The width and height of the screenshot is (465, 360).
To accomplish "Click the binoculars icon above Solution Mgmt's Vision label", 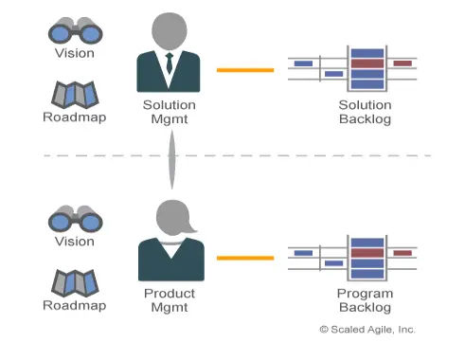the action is pyautogui.click(x=76, y=30).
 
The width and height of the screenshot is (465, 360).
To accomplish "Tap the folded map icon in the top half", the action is pyautogui.click(x=75, y=95).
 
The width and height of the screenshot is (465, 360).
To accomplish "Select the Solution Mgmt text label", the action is pyautogui.click(x=170, y=112).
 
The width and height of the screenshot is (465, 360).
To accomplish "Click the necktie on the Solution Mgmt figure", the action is pyautogui.click(x=170, y=63).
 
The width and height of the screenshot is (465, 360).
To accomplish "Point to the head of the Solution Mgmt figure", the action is pyautogui.click(x=170, y=30).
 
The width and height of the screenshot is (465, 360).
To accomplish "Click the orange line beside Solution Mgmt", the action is pyautogui.click(x=245, y=70).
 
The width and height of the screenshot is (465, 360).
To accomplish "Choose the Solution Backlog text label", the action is pyautogui.click(x=365, y=112).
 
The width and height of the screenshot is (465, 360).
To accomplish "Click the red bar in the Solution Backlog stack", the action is pyautogui.click(x=367, y=63).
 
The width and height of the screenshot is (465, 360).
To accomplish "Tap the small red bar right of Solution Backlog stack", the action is pyautogui.click(x=402, y=63).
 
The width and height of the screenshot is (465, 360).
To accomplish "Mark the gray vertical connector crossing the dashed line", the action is pyautogui.click(x=171, y=160).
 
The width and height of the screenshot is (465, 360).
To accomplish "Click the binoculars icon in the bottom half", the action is pyautogui.click(x=76, y=219).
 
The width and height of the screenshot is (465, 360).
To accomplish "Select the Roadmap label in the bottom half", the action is pyautogui.click(x=75, y=305).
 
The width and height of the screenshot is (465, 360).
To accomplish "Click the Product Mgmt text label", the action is pyautogui.click(x=170, y=300).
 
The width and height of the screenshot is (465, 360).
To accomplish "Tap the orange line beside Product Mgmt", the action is pyautogui.click(x=245, y=259).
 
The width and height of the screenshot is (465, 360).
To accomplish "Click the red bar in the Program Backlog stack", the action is pyautogui.click(x=367, y=253).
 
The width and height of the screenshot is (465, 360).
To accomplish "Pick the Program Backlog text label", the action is pyautogui.click(x=365, y=300).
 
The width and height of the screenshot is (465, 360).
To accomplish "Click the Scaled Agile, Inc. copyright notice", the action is pyautogui.click(x=367, y=330).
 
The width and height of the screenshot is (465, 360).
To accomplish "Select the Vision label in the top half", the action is pyautogui.click(x=75, y=53).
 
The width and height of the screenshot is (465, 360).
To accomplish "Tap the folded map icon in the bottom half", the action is pyautogui.click(x=75, y=283).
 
